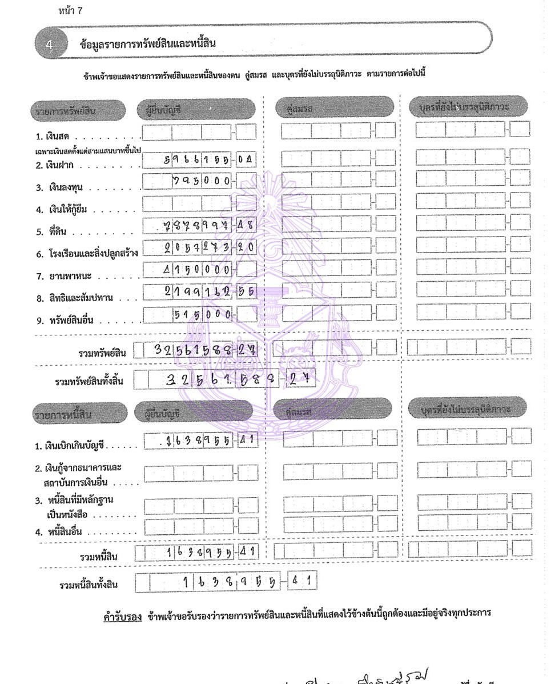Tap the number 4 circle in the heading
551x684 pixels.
(x=49, y=45)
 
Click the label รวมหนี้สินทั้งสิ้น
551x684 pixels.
(x=91, y=585)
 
